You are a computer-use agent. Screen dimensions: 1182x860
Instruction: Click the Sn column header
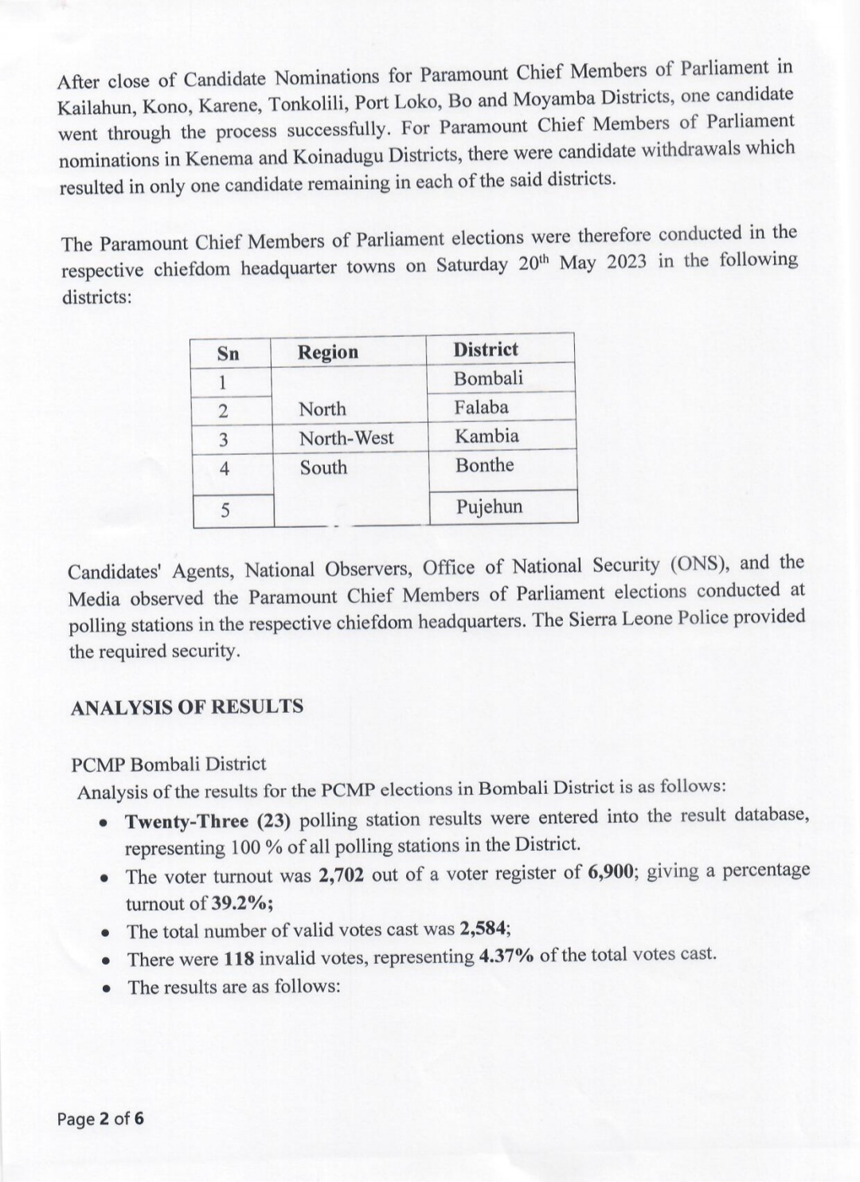(x=229, y=354)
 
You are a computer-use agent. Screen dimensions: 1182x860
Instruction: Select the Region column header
(x=328, y=352)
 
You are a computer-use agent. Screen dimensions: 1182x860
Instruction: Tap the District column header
(x=486, y=349)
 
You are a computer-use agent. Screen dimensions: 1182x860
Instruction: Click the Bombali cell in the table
(x=488, y=378)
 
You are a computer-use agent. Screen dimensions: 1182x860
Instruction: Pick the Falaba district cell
(x=482, y=407)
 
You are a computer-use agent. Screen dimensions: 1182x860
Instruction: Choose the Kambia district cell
(x=487, y=436)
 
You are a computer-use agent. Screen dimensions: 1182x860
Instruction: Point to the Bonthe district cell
(x=484, y=465)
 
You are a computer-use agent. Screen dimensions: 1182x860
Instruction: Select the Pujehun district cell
(x=489, y=507)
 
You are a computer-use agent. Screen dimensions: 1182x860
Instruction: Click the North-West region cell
(x=346, y=437)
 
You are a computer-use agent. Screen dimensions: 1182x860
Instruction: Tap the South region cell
(x=323, y=468)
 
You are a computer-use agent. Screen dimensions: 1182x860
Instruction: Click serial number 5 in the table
(x=225, y=510)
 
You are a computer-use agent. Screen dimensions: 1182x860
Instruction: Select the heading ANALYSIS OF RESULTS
(x=187, y=706)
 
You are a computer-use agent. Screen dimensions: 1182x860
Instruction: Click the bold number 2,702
(x=341, y=875)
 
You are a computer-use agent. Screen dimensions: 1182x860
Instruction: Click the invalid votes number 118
(x=239, y=959)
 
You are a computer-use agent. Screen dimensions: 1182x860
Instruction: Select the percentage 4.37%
(x=506, y=956)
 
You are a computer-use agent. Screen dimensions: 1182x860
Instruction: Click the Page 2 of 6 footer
(x=100, y=1118)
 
